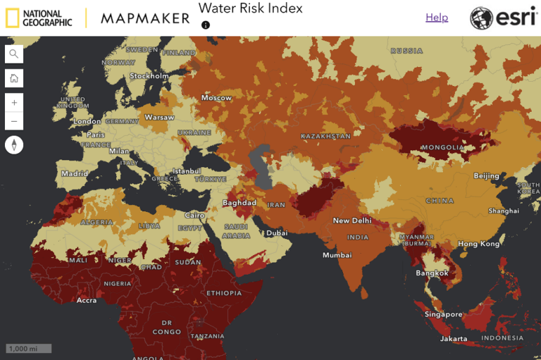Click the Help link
(436, 18)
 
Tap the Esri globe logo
(482, 18)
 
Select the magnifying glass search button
(14, 54)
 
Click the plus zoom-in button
(14, 102)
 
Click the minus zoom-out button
(14, 121)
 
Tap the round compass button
(14, 145)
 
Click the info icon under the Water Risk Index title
(206, 25)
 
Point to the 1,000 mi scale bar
(29, 348)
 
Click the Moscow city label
(217, 98)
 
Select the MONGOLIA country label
(442, 148)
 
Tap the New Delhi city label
(351, 221)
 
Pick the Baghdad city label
(240, 203)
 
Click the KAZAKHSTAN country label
(325, 136)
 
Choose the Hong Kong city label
(478, 244)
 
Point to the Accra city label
(87, 300)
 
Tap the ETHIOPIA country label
(224, 293)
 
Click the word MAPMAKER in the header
(145, 18)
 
